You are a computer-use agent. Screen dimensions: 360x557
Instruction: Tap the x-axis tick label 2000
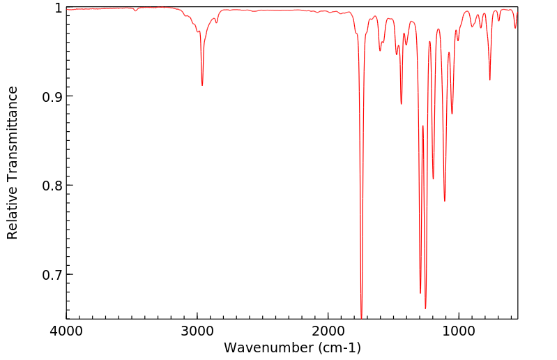[328, 331]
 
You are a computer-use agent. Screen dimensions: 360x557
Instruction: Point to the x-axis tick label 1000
[459, 331]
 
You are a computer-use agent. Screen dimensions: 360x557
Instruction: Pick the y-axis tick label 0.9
[50, 96]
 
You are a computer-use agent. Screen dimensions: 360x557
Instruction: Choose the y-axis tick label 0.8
[50, 186]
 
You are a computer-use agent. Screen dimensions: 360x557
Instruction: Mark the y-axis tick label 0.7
[50, 274]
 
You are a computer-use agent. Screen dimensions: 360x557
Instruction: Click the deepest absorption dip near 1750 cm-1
[361, 317]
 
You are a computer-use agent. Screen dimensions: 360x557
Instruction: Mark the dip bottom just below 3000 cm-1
[202, 85]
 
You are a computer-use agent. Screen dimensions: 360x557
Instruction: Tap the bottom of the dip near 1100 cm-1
[445, 201]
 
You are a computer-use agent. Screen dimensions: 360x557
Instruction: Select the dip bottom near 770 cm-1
[489, 80]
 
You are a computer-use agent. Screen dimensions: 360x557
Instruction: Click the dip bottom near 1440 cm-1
[402, 104]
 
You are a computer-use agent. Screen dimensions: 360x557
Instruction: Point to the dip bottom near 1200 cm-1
[433, 179]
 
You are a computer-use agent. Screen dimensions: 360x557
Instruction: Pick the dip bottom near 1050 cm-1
[452, 114]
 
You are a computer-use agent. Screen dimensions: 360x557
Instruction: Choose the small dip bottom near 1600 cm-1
[380, 50]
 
